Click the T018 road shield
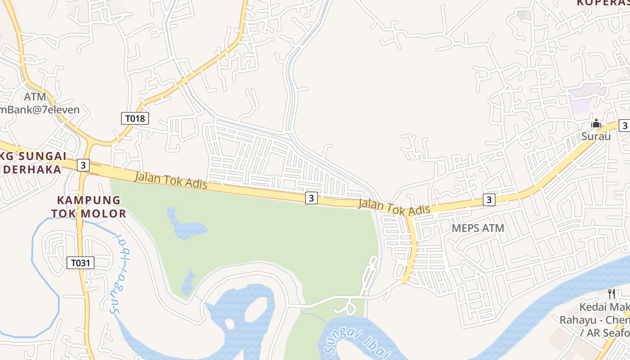[135, 118]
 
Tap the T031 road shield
[81, 262]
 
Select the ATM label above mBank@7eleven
[35, 97]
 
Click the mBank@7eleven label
[40, 109]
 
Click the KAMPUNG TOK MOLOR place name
[89, 207]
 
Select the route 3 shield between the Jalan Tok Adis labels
[311, 198]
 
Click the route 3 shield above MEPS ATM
[489, 199]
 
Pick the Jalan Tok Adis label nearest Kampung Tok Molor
[171, 180]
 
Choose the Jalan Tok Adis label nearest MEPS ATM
[394, 207]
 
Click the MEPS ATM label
[478, 228]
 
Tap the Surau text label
[596, 136]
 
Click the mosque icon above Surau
[596, 123]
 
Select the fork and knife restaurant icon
[611, 294]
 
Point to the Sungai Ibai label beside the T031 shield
[121, 274]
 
